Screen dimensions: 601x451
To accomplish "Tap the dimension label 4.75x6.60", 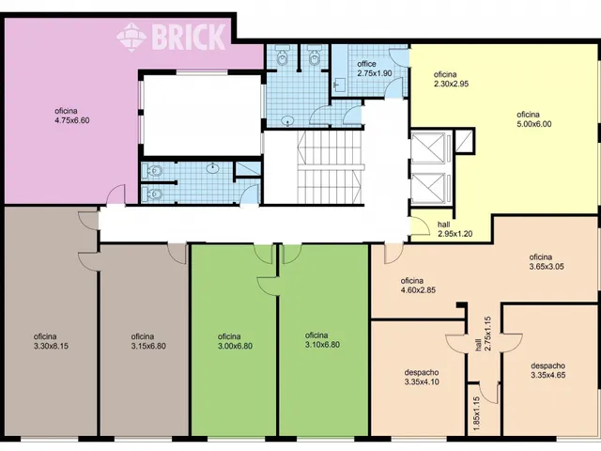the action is [72, 120].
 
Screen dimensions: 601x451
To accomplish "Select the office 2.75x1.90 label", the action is [375, 69].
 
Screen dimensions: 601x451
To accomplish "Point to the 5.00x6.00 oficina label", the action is [534, 119].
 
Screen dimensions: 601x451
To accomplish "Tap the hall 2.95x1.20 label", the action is [455, 229].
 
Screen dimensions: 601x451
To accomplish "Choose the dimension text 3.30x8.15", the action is [51, 346].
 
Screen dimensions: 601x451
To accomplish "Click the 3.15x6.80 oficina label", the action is [148, 341].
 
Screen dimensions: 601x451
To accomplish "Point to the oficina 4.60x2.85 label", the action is [418, 286].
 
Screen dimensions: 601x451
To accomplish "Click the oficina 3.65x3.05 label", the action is [547, 262].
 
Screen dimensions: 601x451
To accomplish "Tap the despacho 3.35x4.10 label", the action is [422, 377].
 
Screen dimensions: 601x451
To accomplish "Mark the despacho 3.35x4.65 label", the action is [548, 370].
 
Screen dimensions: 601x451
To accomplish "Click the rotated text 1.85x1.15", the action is [476, 413].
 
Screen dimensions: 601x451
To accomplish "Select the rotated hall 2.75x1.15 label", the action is [483, 334].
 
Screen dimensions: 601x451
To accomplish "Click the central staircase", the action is [330, 167].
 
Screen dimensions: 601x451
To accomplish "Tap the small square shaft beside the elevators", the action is [464, 141].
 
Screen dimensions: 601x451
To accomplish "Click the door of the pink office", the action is [116, 194].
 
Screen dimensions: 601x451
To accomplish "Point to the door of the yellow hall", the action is [420, 225].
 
